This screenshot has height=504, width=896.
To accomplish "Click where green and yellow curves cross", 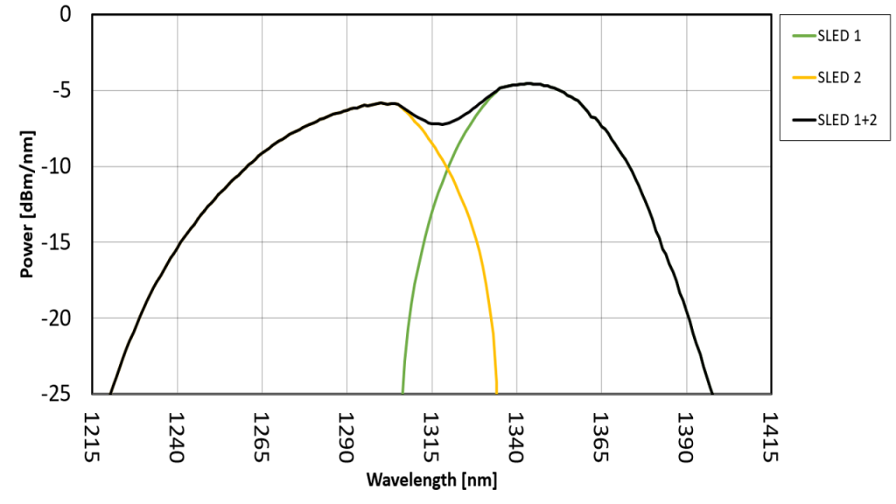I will (x=448, y=168).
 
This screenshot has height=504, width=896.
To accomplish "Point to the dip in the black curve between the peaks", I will (x=442, y=124).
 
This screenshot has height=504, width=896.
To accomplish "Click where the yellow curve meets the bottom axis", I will (x=497, y=393).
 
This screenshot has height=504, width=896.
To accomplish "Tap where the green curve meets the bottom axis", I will (x=402, y=393).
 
